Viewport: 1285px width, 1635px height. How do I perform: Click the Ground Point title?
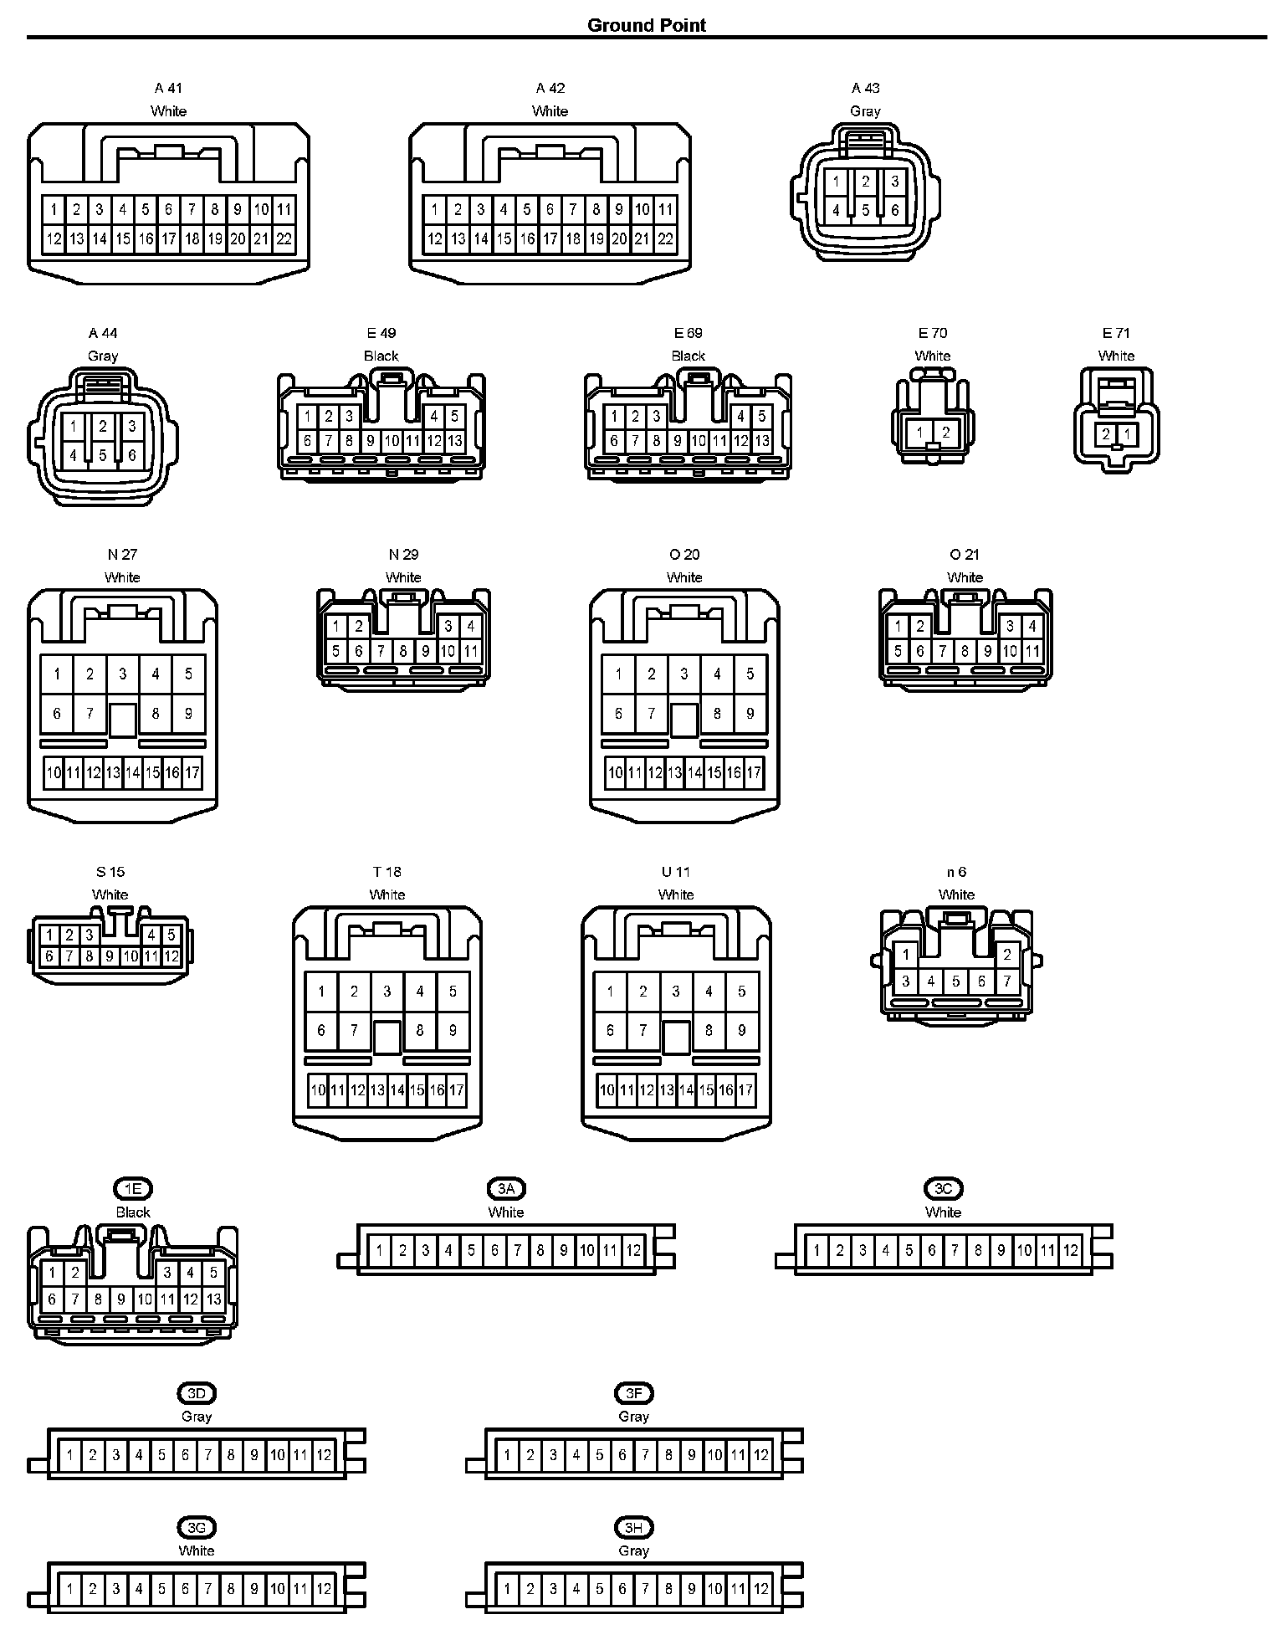coord(647,25)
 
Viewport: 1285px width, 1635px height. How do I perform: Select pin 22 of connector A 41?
coord(284,239)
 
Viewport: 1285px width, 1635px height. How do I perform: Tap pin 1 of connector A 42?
coord(434,209)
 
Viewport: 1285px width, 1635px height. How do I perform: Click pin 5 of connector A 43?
coord(866,210)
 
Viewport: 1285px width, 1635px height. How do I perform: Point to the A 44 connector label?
coord(103,333)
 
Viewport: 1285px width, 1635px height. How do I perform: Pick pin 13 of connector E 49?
coord(454,440)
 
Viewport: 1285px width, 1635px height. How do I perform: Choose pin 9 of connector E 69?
coord(678,440)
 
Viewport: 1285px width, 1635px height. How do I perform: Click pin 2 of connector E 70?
coord(945,433)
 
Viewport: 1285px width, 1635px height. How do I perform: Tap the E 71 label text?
coord(1116,333)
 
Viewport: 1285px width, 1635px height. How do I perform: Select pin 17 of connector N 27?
coord(192,772)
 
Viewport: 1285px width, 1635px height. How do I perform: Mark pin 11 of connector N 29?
coord(470,651)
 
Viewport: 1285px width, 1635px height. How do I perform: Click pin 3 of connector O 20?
coord(684,674)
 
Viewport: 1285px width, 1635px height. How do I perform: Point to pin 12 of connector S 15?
coord(171,956)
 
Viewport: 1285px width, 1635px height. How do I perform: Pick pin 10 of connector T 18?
coord(318,1089)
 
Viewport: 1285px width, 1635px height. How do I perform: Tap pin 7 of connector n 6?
coord(1007,981)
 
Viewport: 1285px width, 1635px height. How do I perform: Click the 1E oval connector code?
coord(133,1189)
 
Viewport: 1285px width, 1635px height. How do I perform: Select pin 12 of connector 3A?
coord(633,1251)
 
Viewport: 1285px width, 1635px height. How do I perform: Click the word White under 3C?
coord(943,1212)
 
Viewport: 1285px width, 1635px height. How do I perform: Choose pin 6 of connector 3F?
coord(622,1455)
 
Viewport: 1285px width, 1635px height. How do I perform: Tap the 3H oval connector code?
coord(633,1528)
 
